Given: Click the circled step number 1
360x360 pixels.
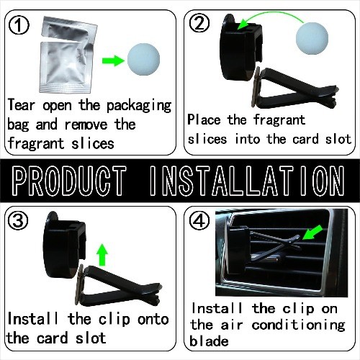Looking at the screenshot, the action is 19,24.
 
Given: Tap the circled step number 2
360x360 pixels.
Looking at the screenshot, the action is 199,23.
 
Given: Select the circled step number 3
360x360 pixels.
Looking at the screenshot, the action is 18,220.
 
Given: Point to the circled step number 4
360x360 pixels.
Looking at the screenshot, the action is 199,221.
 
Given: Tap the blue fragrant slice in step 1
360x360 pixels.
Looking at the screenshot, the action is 143,59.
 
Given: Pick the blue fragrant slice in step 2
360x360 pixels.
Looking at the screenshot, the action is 312,38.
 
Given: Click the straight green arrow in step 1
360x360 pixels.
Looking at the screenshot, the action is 113,60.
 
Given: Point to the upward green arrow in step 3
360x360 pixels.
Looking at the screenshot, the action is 102,255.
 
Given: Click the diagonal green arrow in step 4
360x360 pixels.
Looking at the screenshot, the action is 312,232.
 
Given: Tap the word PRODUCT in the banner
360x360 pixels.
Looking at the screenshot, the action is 69,181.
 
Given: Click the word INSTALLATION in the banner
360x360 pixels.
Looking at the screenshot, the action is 247,181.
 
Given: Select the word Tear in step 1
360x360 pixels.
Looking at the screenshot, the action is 22,105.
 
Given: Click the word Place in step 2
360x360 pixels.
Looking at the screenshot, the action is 204,120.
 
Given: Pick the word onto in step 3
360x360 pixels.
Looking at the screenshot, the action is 153,320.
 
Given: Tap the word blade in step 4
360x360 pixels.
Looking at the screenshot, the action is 209,341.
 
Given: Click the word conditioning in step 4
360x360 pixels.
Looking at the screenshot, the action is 298,325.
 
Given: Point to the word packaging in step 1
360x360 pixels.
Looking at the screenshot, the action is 139,107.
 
